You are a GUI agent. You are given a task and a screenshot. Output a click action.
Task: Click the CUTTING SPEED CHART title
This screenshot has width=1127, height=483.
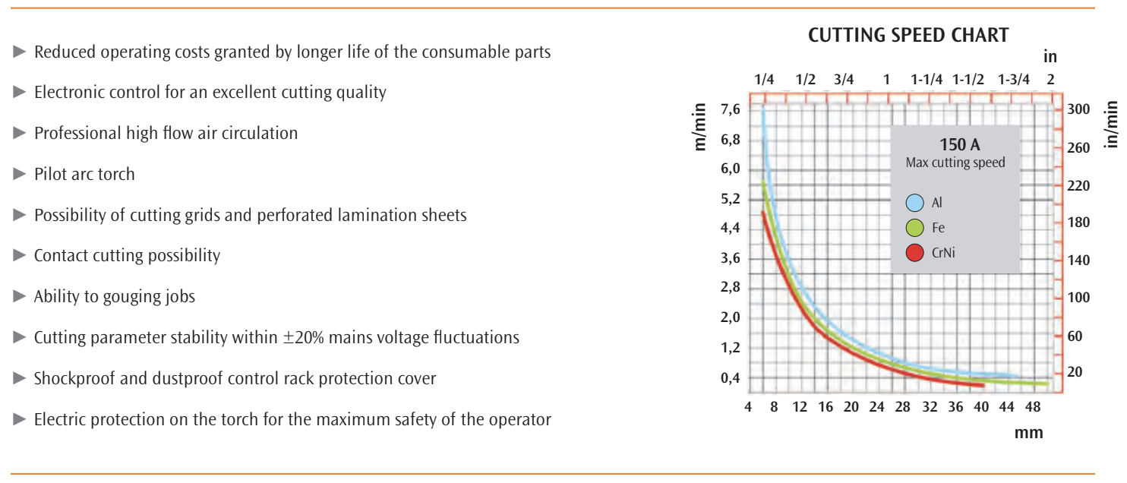click(908, 35)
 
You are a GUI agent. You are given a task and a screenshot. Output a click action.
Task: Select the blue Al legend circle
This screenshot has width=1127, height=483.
click(915, 203)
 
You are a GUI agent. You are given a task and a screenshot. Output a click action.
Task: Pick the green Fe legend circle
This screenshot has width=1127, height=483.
click(915, 227)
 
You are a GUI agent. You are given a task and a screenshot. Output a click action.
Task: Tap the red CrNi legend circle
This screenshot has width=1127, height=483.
click(915, 253)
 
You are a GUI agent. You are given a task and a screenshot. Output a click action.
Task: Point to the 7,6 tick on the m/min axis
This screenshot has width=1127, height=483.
click(730, 110)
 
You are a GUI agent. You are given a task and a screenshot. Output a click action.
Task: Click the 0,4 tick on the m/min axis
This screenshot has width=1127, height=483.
click(730, 378)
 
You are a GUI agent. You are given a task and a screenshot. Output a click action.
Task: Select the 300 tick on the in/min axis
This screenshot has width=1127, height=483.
click(1078, 110)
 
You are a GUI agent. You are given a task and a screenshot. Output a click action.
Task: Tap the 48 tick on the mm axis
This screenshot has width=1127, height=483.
click(1033, 407)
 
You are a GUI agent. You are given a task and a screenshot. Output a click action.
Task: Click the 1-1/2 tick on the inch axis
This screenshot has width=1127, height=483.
click(968, 79)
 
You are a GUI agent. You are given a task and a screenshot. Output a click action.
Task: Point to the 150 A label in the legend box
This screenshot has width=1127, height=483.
click(955, 145)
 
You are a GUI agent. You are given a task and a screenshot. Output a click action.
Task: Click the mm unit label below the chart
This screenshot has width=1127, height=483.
click(1028, 433)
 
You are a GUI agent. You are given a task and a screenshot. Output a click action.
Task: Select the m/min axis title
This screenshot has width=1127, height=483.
click(701, 126)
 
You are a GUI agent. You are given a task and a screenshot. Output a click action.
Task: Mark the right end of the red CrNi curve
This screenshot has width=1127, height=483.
click(983, 386)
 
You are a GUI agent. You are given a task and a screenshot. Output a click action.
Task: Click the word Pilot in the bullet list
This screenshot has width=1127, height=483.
click(52, 174)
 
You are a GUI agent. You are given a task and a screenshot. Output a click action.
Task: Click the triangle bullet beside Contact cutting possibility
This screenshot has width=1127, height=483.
click(20, 255)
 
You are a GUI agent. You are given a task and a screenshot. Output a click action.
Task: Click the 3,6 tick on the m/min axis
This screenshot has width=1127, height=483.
click(730, 258)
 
